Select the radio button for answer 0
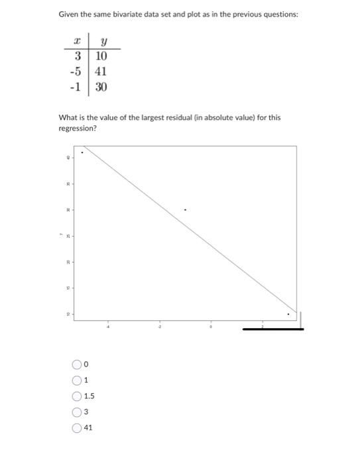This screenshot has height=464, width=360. click(77, 364)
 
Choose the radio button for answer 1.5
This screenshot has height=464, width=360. click(77, 396)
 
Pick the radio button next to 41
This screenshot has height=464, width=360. click(77, 428)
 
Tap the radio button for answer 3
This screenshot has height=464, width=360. click(77, 412)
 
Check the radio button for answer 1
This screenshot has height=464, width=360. click(77, 380)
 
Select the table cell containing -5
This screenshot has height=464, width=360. click(76, 72)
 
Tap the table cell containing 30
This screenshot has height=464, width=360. click(100, 86)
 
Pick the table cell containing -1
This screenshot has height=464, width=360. click(76, 86)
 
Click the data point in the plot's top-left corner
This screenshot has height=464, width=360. click(82, 152)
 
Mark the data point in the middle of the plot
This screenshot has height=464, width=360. click(185, 210)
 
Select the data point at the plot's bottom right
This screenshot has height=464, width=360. click(288, 314)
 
